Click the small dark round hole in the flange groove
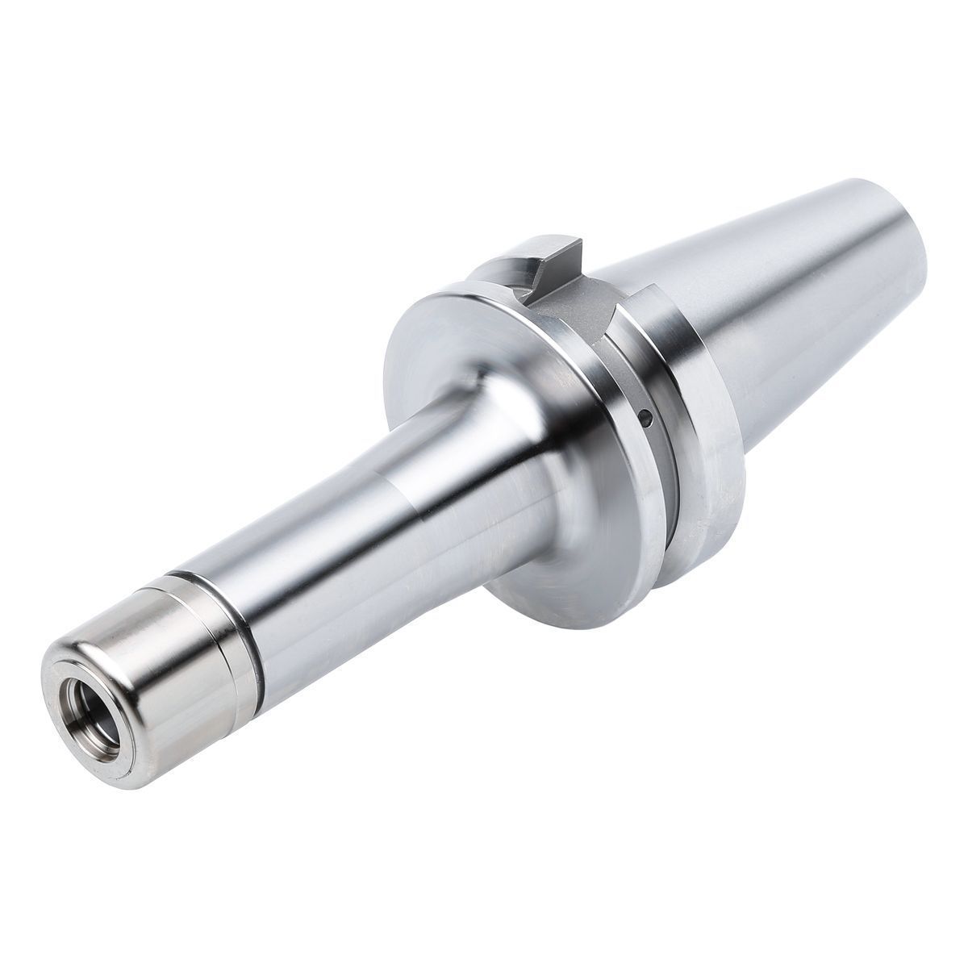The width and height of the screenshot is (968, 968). pos(645,417)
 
